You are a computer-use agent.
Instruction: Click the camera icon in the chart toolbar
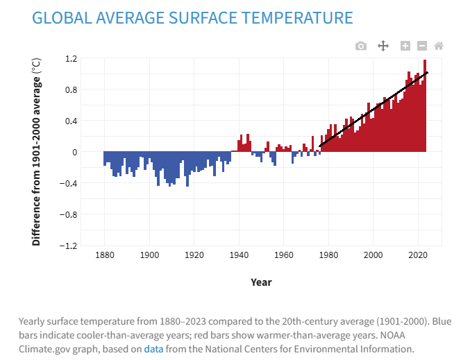[361, 46]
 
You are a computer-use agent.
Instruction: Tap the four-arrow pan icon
[383, 46]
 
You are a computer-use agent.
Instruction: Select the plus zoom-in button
[405, 46]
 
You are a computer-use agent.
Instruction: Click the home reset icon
[439, 46]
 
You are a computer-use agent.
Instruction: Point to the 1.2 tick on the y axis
[71, 59]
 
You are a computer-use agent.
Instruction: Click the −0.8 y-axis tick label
[68, 215]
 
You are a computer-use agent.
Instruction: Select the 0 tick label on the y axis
[75, 152]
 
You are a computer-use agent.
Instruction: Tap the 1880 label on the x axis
[105, 255]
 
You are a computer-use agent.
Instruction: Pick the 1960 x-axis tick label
[283, 255]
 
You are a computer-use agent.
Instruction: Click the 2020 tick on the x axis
[418, 255]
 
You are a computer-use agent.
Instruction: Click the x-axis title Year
[261, 282]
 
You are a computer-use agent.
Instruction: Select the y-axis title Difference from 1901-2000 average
[36, 152]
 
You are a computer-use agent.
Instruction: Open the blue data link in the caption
[153, 349]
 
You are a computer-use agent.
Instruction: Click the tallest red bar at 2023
[425, 105]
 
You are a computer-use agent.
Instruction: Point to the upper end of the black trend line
[427, 72]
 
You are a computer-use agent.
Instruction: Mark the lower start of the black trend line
[320, 146]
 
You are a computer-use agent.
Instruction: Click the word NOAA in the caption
[393, 335]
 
